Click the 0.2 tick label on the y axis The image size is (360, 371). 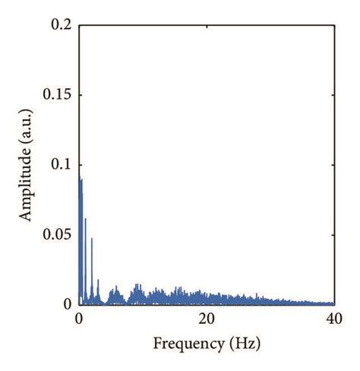coord(62,25)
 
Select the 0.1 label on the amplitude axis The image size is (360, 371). coord(62,165)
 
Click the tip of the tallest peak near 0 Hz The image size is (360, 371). coord(80,179)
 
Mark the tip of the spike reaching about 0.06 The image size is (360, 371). coord(85,219)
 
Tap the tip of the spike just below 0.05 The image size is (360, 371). coord(92,238)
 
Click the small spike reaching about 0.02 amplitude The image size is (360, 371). coord(98,280)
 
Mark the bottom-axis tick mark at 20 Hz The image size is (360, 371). coord(207,302)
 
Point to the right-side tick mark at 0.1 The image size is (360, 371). coord(332,165)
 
